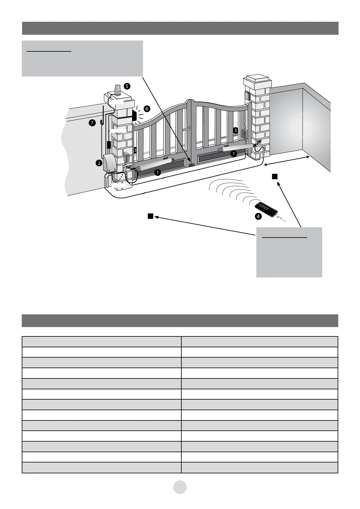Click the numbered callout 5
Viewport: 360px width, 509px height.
tap(127, 86)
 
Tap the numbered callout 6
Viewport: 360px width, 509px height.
tap(147, 108)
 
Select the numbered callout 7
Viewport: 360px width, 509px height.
tap(92, 122)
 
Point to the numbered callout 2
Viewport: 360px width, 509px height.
tap(99, 163)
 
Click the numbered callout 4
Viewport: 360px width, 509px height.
tap(258, 216)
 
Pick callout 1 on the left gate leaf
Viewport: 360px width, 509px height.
tap(157, 173)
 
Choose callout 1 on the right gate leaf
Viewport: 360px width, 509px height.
tap(233, 154)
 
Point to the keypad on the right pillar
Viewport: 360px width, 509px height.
tap(247, 96)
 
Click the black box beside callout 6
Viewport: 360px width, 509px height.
tap(135, 115)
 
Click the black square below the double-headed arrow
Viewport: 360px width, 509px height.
tap(274, 177)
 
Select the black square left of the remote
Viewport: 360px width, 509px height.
tap(150, 216)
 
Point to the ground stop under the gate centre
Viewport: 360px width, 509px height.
tap(191, 165)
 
